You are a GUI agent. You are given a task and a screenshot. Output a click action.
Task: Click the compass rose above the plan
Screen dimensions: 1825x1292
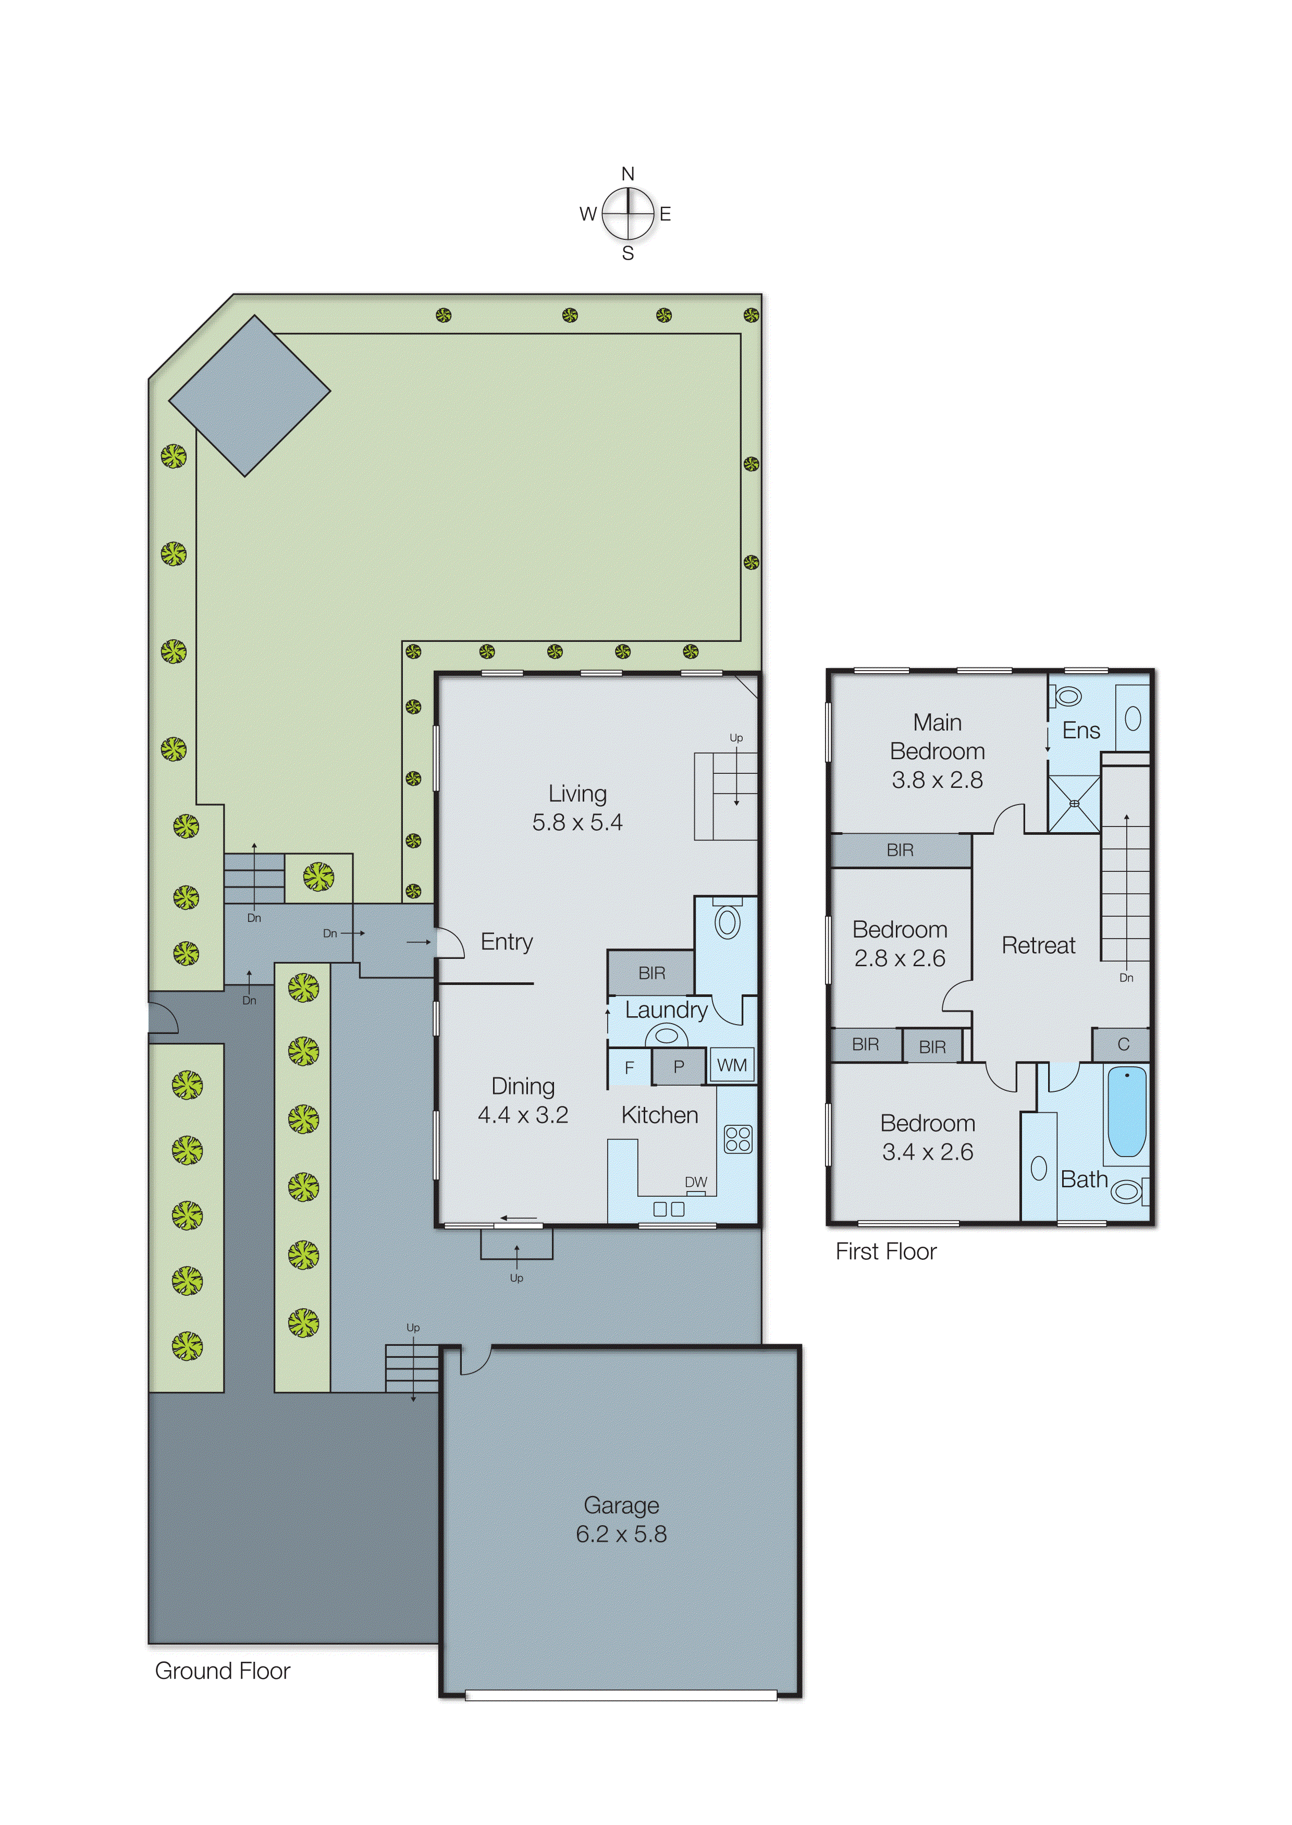point(627,213)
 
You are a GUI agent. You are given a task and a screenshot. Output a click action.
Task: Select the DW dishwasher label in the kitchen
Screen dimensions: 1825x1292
point(695,1182)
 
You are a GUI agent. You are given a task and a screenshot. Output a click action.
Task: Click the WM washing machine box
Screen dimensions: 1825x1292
point(732,1065)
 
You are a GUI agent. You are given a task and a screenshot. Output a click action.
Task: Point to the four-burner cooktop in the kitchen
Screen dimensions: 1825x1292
point(737,1139)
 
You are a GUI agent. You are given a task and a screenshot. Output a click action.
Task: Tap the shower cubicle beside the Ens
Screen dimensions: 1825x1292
point(1074,804)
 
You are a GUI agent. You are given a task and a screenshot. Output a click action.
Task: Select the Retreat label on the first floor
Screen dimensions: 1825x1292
point(1038,945)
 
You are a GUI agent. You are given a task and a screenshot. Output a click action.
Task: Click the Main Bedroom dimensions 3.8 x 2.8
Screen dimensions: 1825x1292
point(937,780)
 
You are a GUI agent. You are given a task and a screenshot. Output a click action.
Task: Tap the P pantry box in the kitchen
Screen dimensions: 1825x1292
point(679,1066)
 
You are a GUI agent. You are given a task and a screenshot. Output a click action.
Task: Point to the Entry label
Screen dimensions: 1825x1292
point(506,942)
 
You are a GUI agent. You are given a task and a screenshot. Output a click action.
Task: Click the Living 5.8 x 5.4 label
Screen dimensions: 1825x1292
point(577,807)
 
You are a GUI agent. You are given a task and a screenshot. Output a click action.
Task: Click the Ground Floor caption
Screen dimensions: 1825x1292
point(222,1671)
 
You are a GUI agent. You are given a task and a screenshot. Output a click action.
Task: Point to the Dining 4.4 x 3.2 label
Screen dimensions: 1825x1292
point(523,1100)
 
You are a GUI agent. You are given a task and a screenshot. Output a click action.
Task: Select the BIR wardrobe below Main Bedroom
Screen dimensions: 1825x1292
point(900,850)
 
